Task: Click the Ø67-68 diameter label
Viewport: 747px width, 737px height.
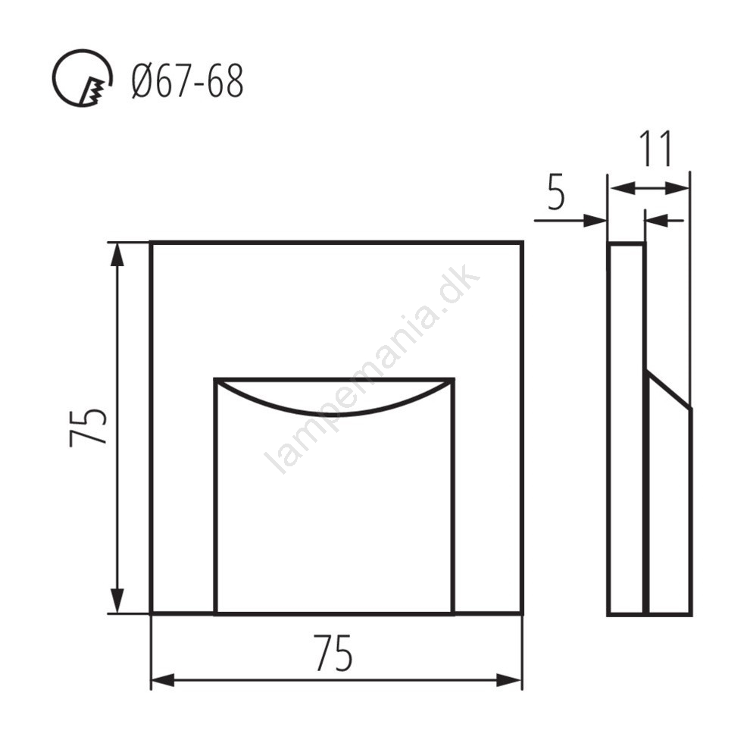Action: point(187,82)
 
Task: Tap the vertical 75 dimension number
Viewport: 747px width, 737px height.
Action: point(88,427)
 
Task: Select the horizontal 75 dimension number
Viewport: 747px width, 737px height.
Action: point(333,653)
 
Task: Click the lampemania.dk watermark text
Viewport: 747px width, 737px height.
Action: point(371,368)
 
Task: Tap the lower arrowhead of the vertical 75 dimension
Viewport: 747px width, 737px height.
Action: point(117,601)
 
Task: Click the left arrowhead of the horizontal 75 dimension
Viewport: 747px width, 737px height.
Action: point(163,680)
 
